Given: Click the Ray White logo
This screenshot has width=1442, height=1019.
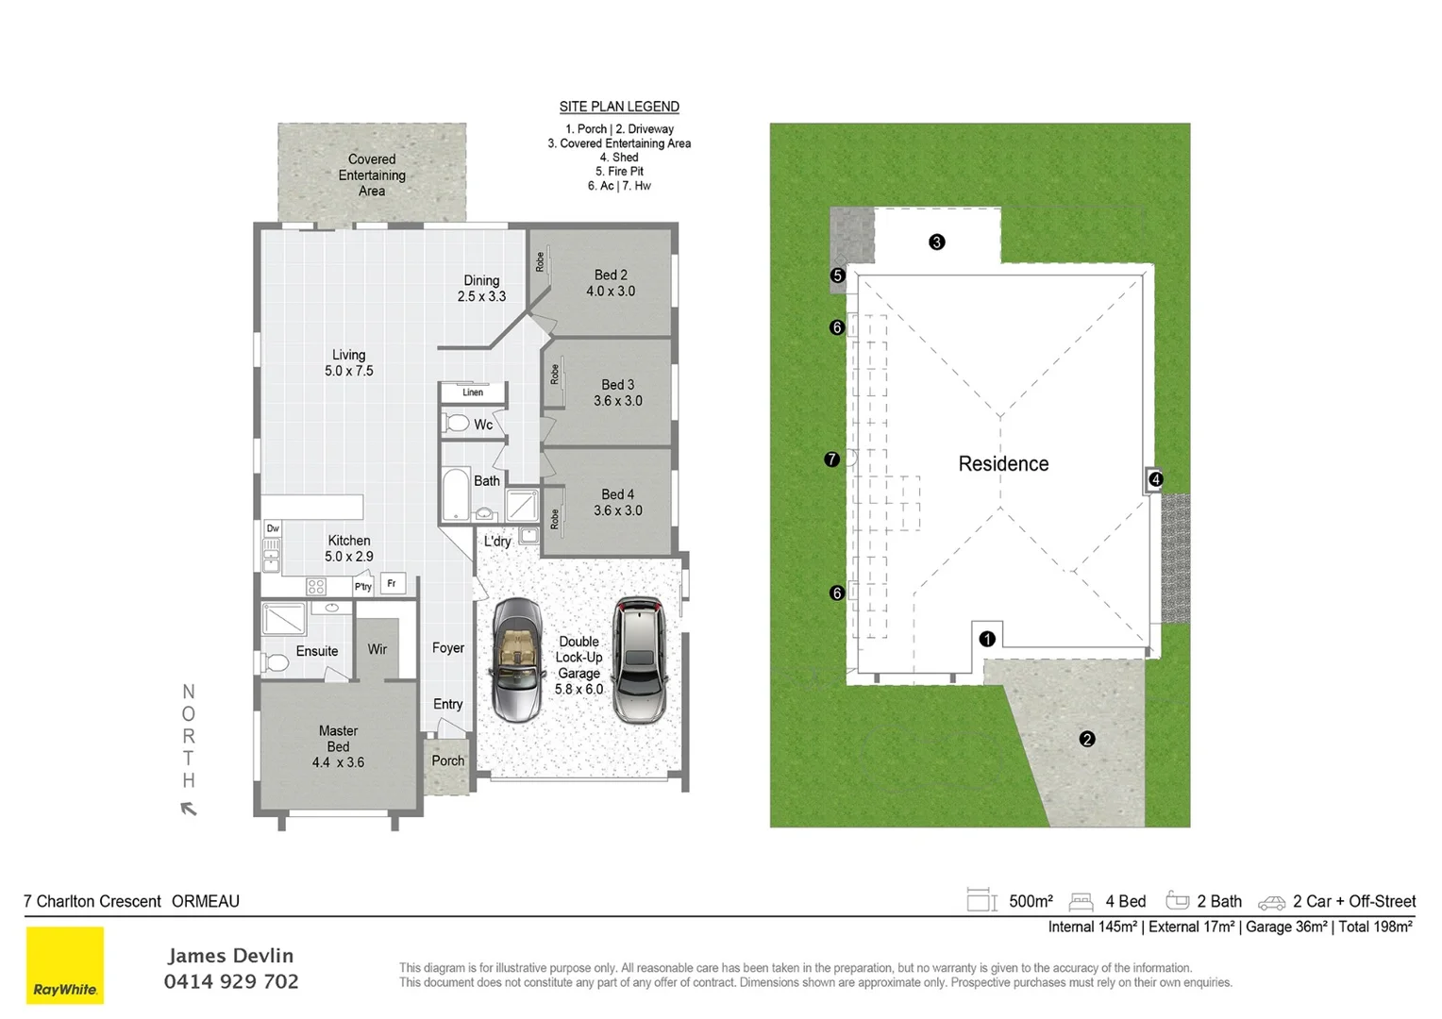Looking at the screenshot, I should point(64,965).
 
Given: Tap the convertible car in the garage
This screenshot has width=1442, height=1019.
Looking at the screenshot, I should point(516,660).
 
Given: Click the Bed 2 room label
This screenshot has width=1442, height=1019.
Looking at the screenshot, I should point(611,283).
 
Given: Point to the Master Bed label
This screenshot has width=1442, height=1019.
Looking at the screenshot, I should point(338,746).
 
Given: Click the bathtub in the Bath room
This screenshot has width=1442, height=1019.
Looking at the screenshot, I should point(456,493).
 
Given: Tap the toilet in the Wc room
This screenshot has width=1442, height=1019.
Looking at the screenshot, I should point(458,424).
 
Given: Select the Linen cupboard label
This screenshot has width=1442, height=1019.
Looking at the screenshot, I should point(473,393).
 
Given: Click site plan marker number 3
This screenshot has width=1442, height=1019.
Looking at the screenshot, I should point(936,242).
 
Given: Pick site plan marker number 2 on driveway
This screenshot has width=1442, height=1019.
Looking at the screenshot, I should point(1087,739).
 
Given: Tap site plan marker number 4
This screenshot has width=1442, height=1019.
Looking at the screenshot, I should point(1155,479).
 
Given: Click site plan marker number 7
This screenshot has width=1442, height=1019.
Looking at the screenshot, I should point(831,459).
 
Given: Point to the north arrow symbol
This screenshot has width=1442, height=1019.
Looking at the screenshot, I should point(189,809).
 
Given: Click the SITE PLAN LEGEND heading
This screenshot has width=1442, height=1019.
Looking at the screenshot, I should point(619,107).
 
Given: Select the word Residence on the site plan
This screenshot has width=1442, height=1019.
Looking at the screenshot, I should point(1003,464).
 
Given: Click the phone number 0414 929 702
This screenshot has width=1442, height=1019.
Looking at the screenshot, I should point(231,982).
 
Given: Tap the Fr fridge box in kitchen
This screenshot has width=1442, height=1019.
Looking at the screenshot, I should point(392,584).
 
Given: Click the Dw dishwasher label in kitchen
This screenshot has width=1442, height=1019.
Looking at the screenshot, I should point(273,528).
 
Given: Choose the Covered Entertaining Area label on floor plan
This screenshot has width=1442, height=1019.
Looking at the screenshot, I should point(372,175).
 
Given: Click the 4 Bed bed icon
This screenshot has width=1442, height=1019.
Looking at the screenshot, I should point(1081,902).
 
